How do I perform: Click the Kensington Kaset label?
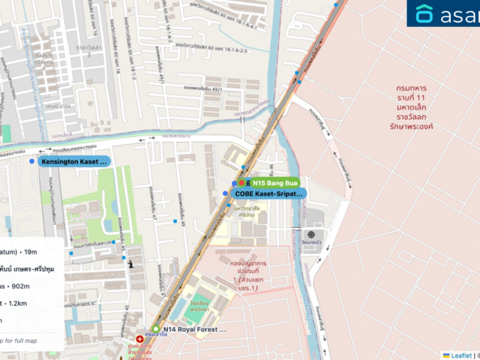[74, 162]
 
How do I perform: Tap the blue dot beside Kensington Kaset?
[32, 162]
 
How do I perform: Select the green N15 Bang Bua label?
[273, 183]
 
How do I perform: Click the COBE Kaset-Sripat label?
[268, 195]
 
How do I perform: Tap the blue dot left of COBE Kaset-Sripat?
[225, 194]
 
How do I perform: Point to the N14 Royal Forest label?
[194, 330]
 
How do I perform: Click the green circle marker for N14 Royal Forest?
[156, 330]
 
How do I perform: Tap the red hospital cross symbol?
[140, 336]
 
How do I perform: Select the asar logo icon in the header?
[424, 14]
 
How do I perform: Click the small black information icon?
[131, 263]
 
